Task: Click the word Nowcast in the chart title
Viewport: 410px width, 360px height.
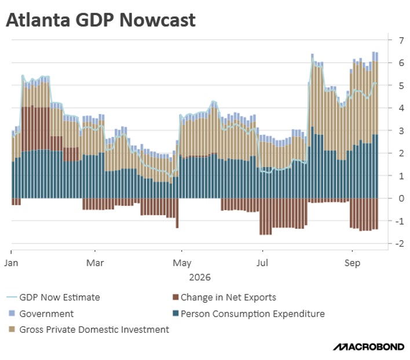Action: tap(158, 20)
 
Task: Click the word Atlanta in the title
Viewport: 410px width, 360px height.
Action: tap(38, 20)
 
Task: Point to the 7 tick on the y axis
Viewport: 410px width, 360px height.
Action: tap(401, 41)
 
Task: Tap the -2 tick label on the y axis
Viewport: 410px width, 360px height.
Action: tap(400, 243)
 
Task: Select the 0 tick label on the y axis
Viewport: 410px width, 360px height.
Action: tap(401, 198)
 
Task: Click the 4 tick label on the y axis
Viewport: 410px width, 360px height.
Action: tap(401, 108)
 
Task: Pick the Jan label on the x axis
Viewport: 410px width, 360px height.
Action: tap(11, 263)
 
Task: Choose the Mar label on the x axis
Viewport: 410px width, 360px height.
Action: tap(95, 263)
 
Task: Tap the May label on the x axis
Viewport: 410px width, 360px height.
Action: tap(182, 263)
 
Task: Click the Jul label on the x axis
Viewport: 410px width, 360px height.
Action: tap(262, 263)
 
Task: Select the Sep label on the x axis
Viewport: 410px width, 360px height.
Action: tap(352, 263)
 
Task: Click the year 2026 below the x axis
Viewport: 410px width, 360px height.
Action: tap(200, 277)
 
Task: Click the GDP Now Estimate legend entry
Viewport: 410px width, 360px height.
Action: tap(53, 297)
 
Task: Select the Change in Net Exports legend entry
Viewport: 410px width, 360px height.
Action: tap(224, 297)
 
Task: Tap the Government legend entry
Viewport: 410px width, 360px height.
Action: tap(41, 314)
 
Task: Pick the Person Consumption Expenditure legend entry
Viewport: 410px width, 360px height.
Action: tap(248, 314)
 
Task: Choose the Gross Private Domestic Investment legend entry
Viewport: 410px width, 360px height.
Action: tap(89, 329)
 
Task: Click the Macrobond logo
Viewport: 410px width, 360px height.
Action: tap(368, 347)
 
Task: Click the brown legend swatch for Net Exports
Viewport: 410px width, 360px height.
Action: tap(175, 297)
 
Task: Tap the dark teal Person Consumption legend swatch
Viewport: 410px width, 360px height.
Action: tap(175, 313)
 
